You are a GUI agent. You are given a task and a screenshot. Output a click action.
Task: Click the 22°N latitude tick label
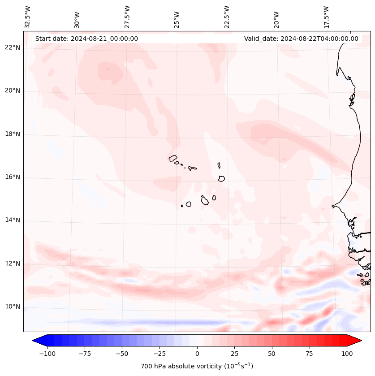coord(12,48)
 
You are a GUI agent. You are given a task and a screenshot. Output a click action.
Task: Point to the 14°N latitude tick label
coord(12,220)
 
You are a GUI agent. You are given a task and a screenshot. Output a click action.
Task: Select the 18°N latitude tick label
coord(12,134)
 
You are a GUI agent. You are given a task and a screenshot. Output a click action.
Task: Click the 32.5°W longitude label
coord(28,16)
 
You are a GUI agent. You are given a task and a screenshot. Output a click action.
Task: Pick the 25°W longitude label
coord(177,18)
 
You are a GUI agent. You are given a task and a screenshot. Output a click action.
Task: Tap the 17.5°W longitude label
coord(326,16)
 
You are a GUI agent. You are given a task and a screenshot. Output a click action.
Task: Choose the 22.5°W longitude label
coord(227,16)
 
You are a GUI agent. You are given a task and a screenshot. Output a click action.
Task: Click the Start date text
coord(86,39)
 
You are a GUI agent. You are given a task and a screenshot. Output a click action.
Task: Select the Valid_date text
coord(301,39)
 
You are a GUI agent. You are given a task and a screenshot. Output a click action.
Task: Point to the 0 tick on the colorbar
coord(197,354)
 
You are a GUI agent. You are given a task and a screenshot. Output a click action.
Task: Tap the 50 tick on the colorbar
coord(272,354)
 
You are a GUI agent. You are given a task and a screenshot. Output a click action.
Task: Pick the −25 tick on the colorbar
coord(159,354)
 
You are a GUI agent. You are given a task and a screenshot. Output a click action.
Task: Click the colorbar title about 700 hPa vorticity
coord(197,366)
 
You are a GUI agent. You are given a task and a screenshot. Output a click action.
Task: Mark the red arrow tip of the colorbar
coord(361,341)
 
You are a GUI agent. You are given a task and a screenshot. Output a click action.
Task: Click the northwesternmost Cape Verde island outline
coord(173,158)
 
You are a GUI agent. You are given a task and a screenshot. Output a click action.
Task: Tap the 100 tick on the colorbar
coord(346,354)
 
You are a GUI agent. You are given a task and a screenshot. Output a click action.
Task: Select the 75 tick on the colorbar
coord(309,354)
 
